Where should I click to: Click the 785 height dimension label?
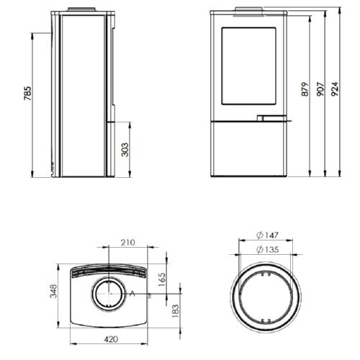click(28, 94)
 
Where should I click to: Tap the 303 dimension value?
click(125, 150)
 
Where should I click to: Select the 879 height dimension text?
click(305, 89)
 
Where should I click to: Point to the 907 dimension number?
click(320, 89)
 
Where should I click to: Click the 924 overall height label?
click(335, 89)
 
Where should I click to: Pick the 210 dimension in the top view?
click(128, 243)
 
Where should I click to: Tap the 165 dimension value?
click(162, 279)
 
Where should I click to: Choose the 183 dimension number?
click(176, 311)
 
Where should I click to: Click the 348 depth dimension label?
click(53, 291)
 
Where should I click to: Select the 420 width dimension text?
click(111, 339)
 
